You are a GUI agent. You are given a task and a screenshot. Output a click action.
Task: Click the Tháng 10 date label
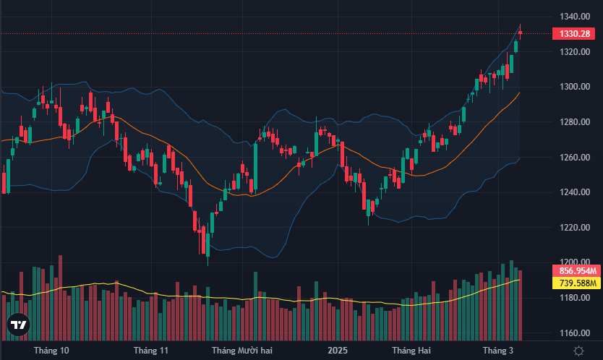point(51,351)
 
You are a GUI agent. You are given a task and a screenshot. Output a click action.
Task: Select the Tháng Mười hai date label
point(241,351)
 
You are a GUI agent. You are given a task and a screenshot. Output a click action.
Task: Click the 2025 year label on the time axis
point(337,351)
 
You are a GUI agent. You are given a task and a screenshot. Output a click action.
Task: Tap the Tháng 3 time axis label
point(498,351)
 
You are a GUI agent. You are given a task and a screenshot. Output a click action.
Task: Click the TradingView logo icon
point(18,325)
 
